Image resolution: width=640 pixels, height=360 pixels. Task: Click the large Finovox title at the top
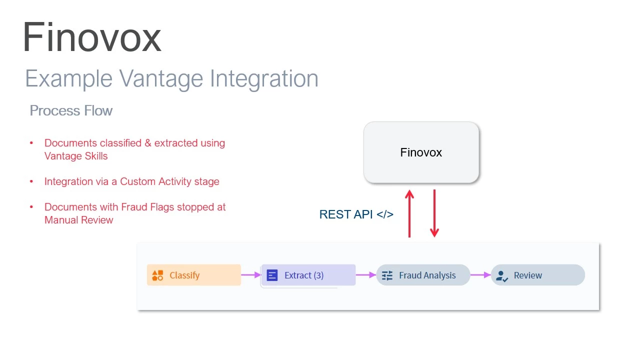[92, 37]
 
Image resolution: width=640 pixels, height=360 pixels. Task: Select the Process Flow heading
[71, 110]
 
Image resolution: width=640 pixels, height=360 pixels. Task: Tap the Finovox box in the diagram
[421, 152]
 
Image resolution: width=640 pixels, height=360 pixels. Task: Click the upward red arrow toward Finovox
[409, 214]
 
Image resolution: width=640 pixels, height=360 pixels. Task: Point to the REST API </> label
[356, 214]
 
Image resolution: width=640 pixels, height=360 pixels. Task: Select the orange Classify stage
[194, 275]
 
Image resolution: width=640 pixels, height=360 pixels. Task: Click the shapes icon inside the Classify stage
[157, 275]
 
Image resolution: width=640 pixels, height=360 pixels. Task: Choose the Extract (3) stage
[308, 275]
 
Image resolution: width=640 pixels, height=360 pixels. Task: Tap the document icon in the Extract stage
[272, 275]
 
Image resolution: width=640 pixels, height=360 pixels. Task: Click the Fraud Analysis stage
[423, 275]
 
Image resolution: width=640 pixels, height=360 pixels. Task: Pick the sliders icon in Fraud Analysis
[387, 275]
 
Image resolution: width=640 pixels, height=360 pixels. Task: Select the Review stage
[538, 275]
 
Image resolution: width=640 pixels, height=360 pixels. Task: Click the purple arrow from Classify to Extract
[251, 274]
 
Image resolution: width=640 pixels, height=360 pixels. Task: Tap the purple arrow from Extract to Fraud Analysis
[366, 274]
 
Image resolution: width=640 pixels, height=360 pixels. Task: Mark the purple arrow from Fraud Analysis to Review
[480, 274]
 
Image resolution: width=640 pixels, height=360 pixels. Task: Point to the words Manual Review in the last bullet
[79, 220]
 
